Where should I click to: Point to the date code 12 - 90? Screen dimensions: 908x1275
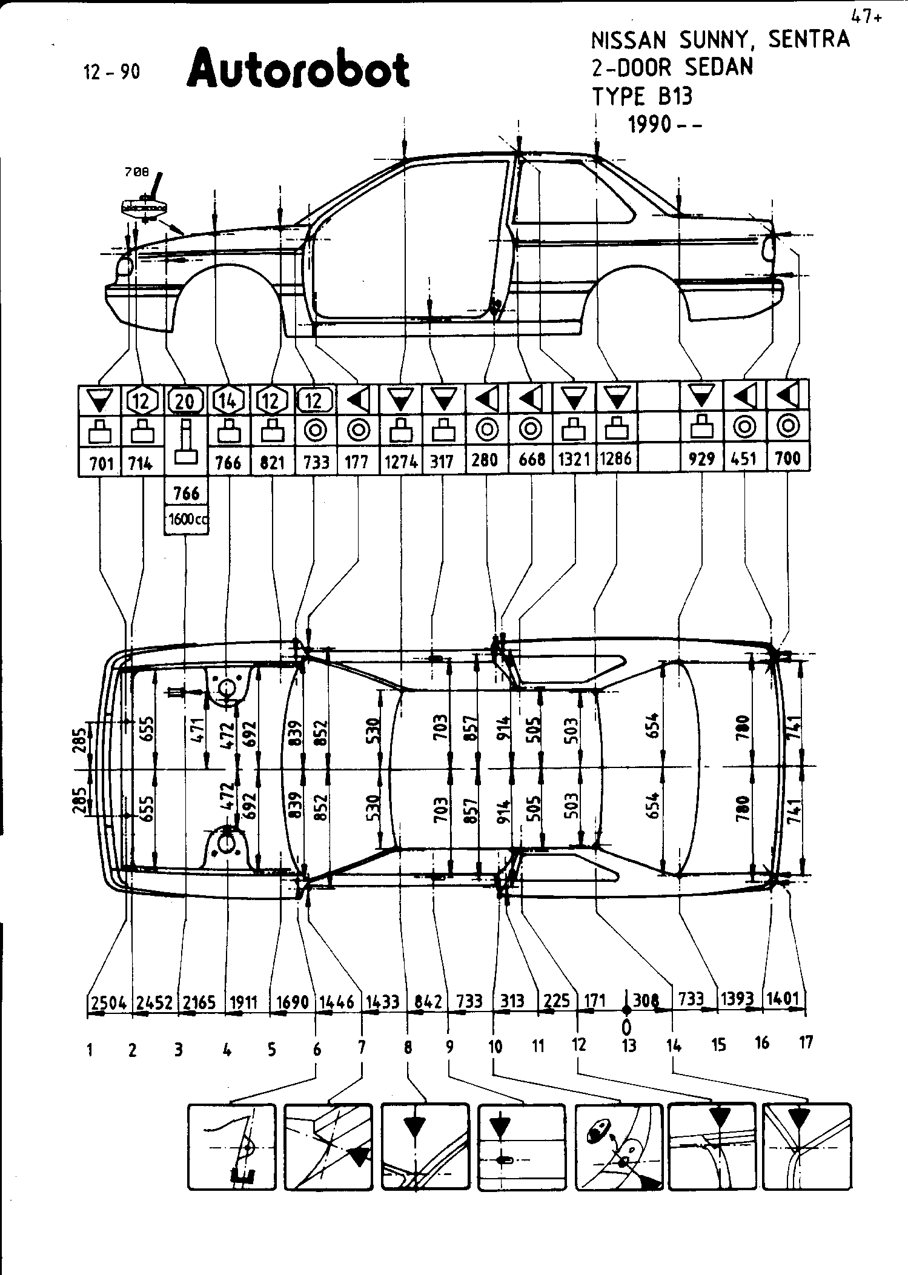[111, 72]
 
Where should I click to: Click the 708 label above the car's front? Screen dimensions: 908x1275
[136, 172]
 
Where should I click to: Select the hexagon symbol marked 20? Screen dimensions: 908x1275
[185, 400]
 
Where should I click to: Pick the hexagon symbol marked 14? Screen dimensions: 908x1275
[228, 400]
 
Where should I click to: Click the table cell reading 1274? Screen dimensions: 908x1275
[401, 462]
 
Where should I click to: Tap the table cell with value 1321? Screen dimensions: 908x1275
[574, 460]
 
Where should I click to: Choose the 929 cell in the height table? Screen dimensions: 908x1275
[703, 460]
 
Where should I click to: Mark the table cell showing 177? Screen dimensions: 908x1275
[357, 462]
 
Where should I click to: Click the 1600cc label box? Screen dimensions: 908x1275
[187, 520]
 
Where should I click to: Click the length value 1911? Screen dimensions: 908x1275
[244, 1002]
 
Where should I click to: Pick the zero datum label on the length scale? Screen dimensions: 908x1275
[626, 1027]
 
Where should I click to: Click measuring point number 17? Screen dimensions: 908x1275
[806, 1042]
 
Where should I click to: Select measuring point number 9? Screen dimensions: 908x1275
[449, 1046]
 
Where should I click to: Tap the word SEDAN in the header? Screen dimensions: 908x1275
[719, 67]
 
